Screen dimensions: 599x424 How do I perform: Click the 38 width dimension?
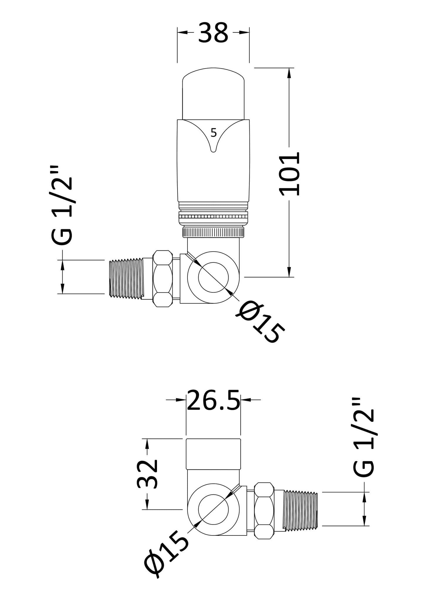pos(213,33)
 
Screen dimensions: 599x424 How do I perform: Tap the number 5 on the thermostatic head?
pos(214,133)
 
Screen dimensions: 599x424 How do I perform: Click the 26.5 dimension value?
pos(213,400)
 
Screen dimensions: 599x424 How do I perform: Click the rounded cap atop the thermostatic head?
pos(213,94)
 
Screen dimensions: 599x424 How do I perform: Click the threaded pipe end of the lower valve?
pos(300,510)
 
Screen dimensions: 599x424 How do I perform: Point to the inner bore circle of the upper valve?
pos(213,277)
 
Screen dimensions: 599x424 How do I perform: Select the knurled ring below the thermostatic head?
pos(213,232)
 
